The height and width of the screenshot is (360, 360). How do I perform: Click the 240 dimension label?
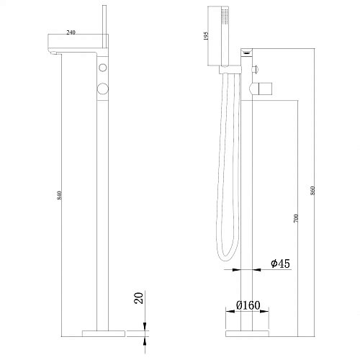click(x=71, y=32)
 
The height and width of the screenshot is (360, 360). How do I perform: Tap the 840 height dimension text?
click(x=60, y=195)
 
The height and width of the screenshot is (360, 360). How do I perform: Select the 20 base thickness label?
click(x=139, y=298)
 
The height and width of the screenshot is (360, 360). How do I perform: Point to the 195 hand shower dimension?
click(x=206, y=36)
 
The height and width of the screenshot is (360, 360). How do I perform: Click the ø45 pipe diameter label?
click(x=280, y=264)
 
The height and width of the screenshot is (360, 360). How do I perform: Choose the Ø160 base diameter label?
click(x=248, y=305)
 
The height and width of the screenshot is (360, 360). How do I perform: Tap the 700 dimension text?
click(x=296, y=218)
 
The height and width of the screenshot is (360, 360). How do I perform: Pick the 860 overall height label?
click(x=312, y=190)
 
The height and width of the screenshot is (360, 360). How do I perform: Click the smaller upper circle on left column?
click(x=103, y=68)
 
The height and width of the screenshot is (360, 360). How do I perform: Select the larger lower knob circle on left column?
click(x=103, y=89)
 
